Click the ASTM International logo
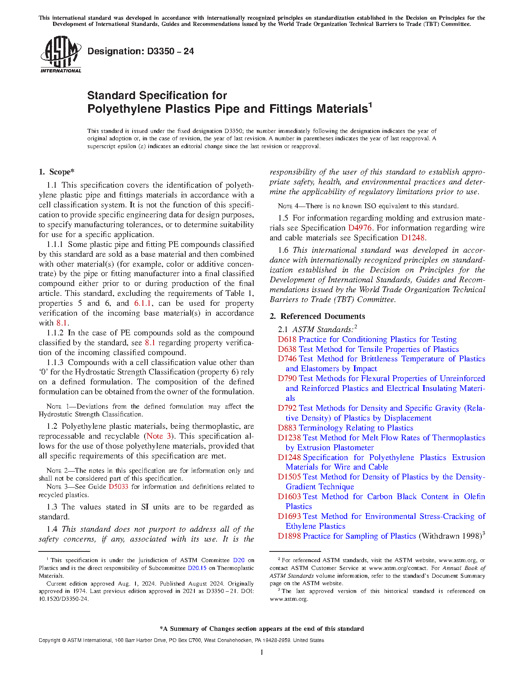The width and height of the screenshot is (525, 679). (61, 54)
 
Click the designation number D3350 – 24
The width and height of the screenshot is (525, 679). (140, 51)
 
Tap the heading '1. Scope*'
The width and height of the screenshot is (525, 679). (56, 172)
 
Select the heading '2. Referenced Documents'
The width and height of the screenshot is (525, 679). (317, 316)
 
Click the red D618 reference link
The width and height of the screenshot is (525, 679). (287, 339)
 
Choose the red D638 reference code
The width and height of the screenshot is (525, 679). (287, 349)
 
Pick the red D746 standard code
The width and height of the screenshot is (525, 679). (287, 358)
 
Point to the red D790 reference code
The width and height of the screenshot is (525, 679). (287, 378)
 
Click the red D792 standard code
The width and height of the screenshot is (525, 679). (287, 408)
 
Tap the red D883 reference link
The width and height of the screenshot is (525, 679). (287, 428)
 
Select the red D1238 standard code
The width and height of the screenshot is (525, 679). (289, 437)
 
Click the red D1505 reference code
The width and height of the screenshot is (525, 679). (289, 477)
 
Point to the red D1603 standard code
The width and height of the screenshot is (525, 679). (289, 496)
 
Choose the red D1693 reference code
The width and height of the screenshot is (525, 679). (289, 516)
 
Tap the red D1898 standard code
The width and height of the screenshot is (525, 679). (289, 536)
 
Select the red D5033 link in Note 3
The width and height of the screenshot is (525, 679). (118, 486)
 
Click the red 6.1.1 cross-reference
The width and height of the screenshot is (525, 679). (143, 303)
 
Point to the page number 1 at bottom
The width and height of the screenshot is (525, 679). (262, 652)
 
